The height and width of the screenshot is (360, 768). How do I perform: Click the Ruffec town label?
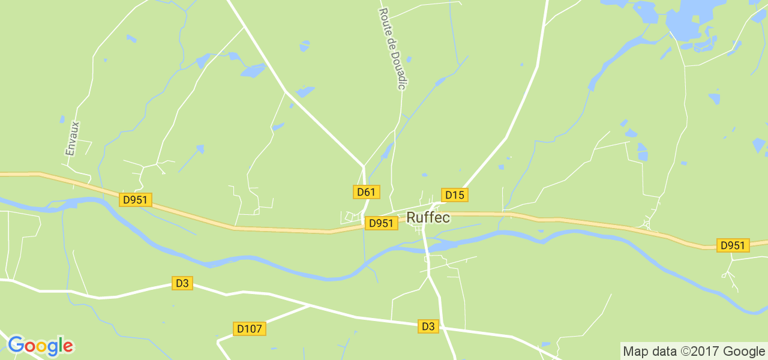pos(428,218)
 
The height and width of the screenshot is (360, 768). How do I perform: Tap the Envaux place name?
pos(72,139)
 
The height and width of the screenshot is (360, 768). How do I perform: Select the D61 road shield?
pos(365,192)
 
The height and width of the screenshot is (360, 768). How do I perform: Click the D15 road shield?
pos(455,195)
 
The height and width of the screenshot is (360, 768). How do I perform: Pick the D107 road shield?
pos(249,329)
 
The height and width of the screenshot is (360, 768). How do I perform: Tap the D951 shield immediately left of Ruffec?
pos(381,223)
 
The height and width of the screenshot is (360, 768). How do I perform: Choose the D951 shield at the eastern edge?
pos(733,245)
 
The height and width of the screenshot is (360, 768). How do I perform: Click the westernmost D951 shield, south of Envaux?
pos(136,200)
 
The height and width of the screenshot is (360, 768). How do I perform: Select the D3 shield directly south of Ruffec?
pos(428,326)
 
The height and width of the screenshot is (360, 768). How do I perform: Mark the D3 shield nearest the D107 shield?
pos(182,283)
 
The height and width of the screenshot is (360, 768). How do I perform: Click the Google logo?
pos(40,346)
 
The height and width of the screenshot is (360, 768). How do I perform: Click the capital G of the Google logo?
pos(16,345)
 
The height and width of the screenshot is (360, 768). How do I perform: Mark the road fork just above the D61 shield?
pos(363,166)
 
